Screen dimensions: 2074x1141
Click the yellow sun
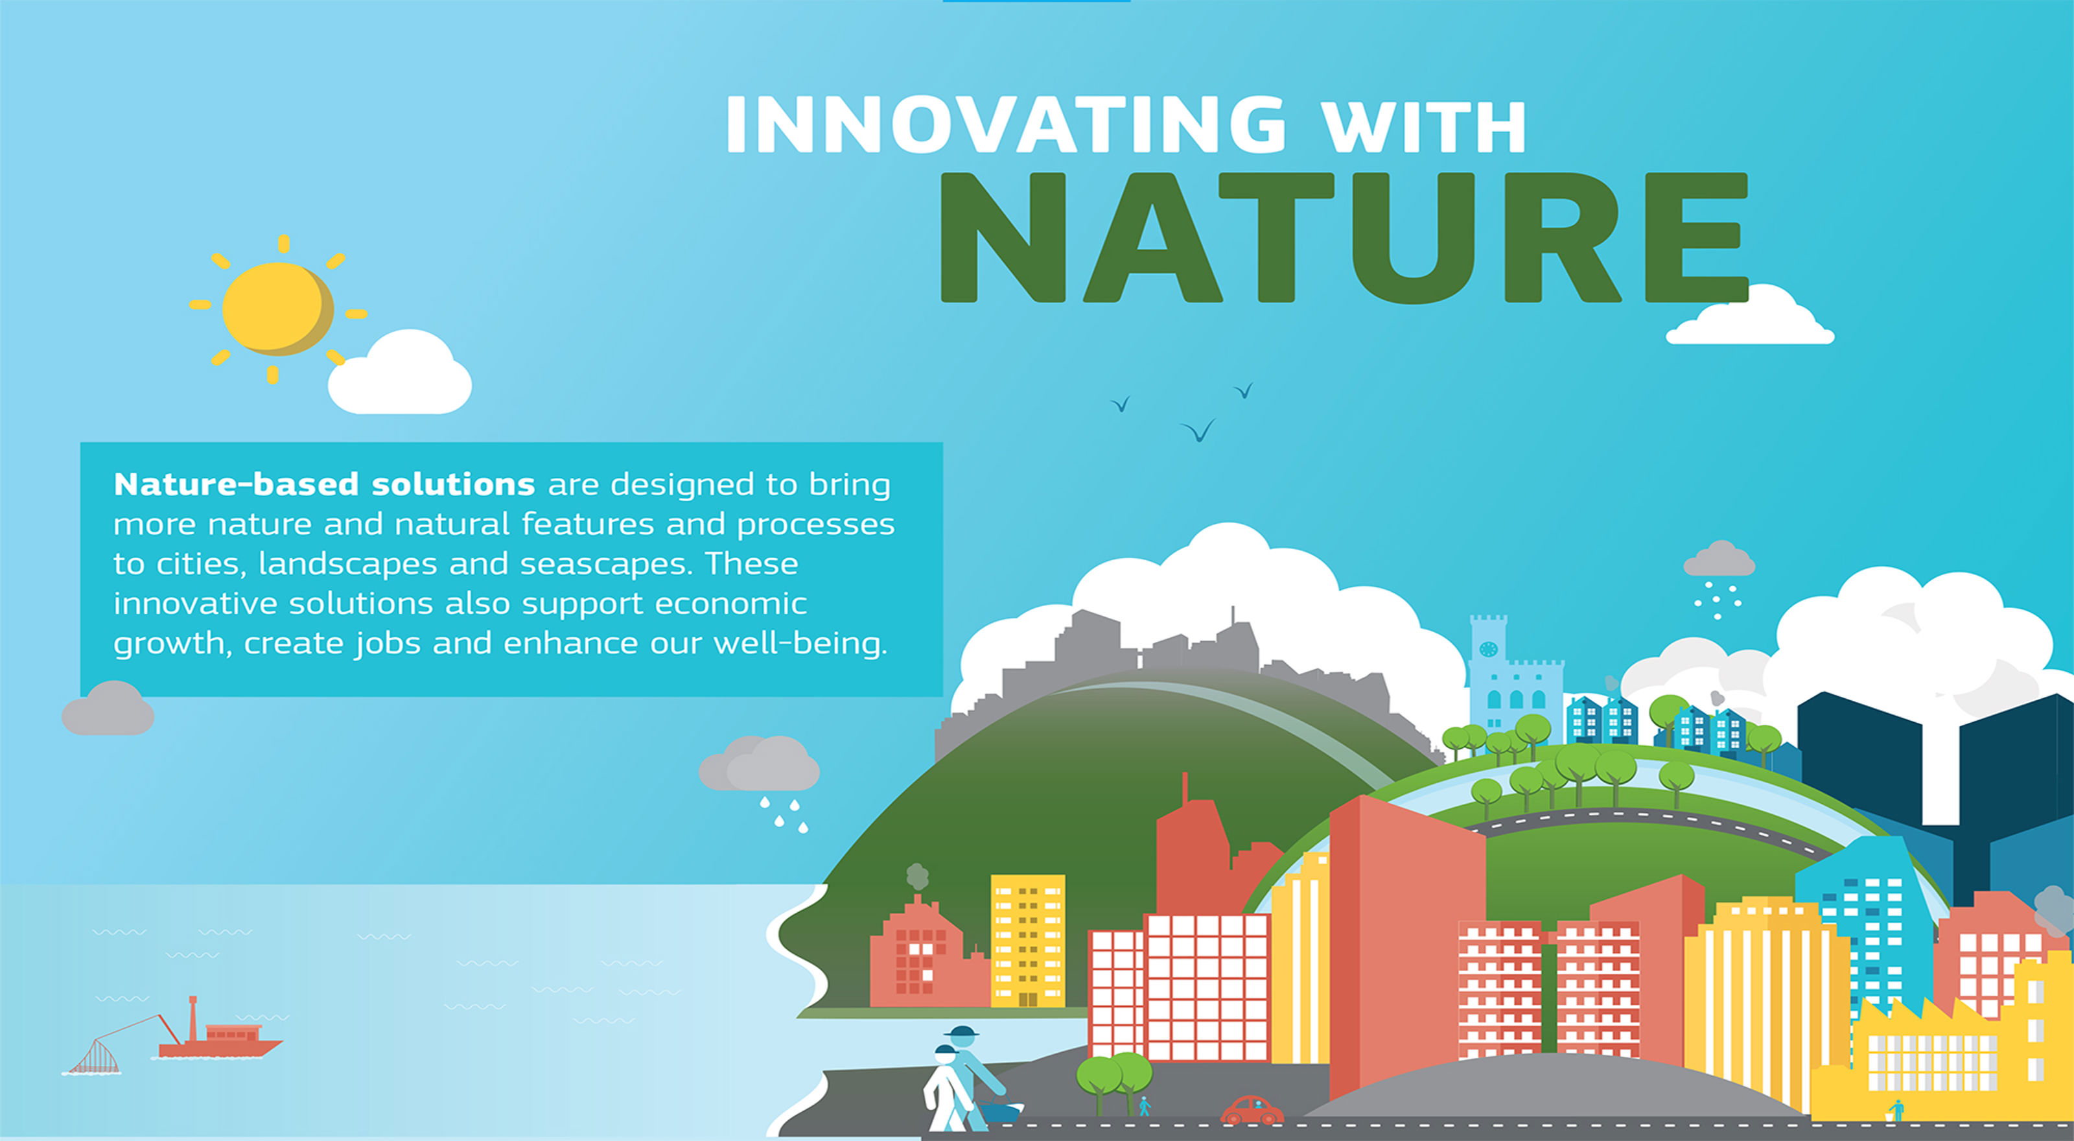click(x=278, y=309)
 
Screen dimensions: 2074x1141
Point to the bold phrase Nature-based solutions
click(x=325, y=484)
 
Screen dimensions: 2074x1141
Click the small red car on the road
click(x=1252, y=1111)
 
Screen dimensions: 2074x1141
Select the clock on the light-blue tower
click(x=1488, y=649)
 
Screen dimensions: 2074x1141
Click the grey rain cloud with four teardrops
click(x=758, y=762)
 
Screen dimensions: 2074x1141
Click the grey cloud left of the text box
click(x=108, y=708)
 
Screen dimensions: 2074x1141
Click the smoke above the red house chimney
click(x=916, y=876)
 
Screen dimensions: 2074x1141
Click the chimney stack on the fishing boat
click(x=193, y=1018)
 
